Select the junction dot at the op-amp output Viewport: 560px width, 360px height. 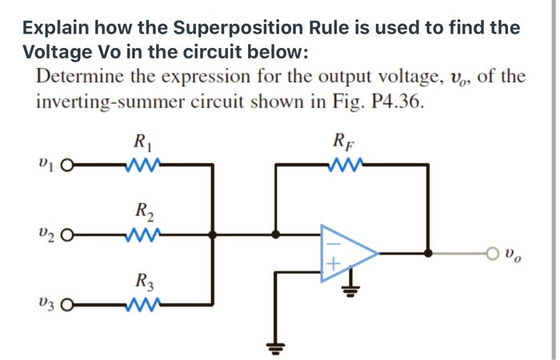pos(429,253)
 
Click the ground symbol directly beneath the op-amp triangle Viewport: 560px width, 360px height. pos(349,289)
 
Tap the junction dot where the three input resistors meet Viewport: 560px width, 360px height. pos(212,235)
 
